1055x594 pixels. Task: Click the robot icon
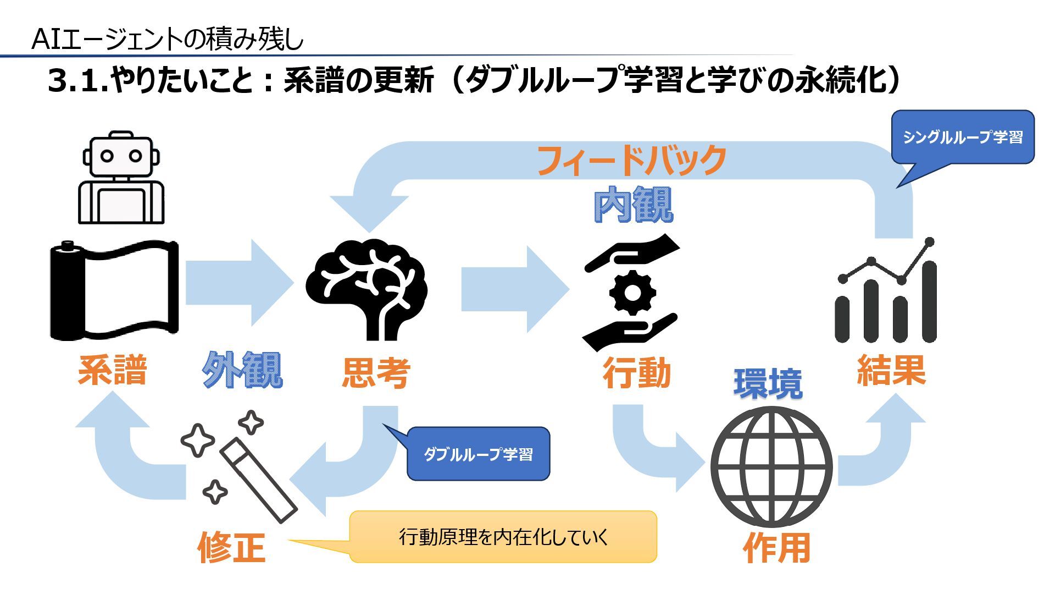click(121, 177)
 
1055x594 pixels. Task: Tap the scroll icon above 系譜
click(115, 289)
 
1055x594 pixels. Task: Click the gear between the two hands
click(632, 293)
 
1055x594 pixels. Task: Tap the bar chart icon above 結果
click(886, 291)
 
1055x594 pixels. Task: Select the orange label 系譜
click(113, 370)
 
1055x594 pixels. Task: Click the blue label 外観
click(242, 370)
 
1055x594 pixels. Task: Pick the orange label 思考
click(376, 373)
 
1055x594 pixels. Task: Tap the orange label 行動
click(637, 373)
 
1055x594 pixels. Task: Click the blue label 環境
click(768, 384)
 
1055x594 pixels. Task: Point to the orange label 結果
click(891, 370)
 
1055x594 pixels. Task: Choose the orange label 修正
click(231, 547)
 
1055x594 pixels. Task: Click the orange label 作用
click(776, 547)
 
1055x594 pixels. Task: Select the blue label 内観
click(633, 205)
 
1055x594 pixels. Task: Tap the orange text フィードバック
click(631, 161)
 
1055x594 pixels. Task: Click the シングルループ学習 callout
click(963, 137)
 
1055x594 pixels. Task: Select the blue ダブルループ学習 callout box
click(478, 454)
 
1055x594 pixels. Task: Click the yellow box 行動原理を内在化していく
click(503, 537)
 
